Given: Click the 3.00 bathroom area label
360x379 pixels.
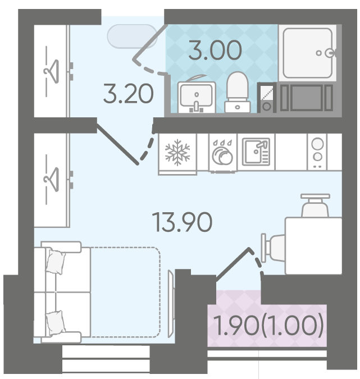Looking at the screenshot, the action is tap(215, 51).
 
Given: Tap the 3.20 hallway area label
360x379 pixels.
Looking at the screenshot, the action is tap(129, 94).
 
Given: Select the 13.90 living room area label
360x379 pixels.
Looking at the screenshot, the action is tap(182, 222).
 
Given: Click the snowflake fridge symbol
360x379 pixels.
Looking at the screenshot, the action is tap(177, 152).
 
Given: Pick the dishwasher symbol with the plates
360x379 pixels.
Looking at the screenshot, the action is tap(222, 153).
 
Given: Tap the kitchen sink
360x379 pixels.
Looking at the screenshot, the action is tap(256, 152).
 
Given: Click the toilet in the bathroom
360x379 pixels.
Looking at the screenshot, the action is tap(238, 92).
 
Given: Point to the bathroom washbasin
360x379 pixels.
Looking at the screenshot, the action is tap(197, 97).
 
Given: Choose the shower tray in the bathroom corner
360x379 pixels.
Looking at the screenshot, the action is tap(308, 53).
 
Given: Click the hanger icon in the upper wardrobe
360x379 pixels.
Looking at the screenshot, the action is tap(51, 71).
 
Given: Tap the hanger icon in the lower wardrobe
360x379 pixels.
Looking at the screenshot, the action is tap(51, 180).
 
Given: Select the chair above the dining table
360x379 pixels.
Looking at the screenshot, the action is tap(315, 205).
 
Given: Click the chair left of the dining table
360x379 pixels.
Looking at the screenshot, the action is tap(273, 248).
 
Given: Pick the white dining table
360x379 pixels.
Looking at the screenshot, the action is tap(313, 246).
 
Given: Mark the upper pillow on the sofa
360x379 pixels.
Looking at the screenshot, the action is tap(56, 262).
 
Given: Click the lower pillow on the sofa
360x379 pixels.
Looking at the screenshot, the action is tap(56, 322).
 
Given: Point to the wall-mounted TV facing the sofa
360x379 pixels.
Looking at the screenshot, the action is tap(171, 304).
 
